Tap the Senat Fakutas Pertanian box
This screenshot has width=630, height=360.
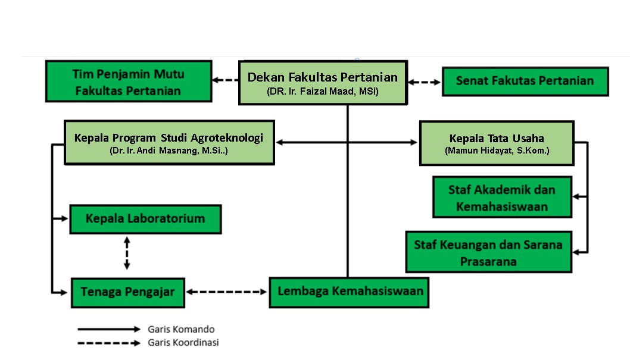tap(525, 81)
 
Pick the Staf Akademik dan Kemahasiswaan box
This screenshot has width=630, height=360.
tap(501, 198)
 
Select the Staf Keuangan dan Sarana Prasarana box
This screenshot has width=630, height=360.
tap(488, 252)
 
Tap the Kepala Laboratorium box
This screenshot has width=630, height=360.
tap(145, 219)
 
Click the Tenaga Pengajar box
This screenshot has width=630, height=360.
tap(127, 292)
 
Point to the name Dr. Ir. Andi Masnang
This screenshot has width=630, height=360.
tap(169, 151)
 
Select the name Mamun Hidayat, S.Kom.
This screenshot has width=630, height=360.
tap(497, 151)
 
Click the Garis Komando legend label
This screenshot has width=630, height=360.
tap(181, 329)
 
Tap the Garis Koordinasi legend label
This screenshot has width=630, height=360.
tap(183, 343)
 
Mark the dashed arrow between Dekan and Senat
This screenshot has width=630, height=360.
tap(424, 82)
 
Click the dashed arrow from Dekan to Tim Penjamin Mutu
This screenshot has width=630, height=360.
tap(226, 80)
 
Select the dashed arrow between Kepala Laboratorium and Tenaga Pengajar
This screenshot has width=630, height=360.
tap(126, 253)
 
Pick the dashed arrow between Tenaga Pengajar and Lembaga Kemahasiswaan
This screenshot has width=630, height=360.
tap(227, 292)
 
